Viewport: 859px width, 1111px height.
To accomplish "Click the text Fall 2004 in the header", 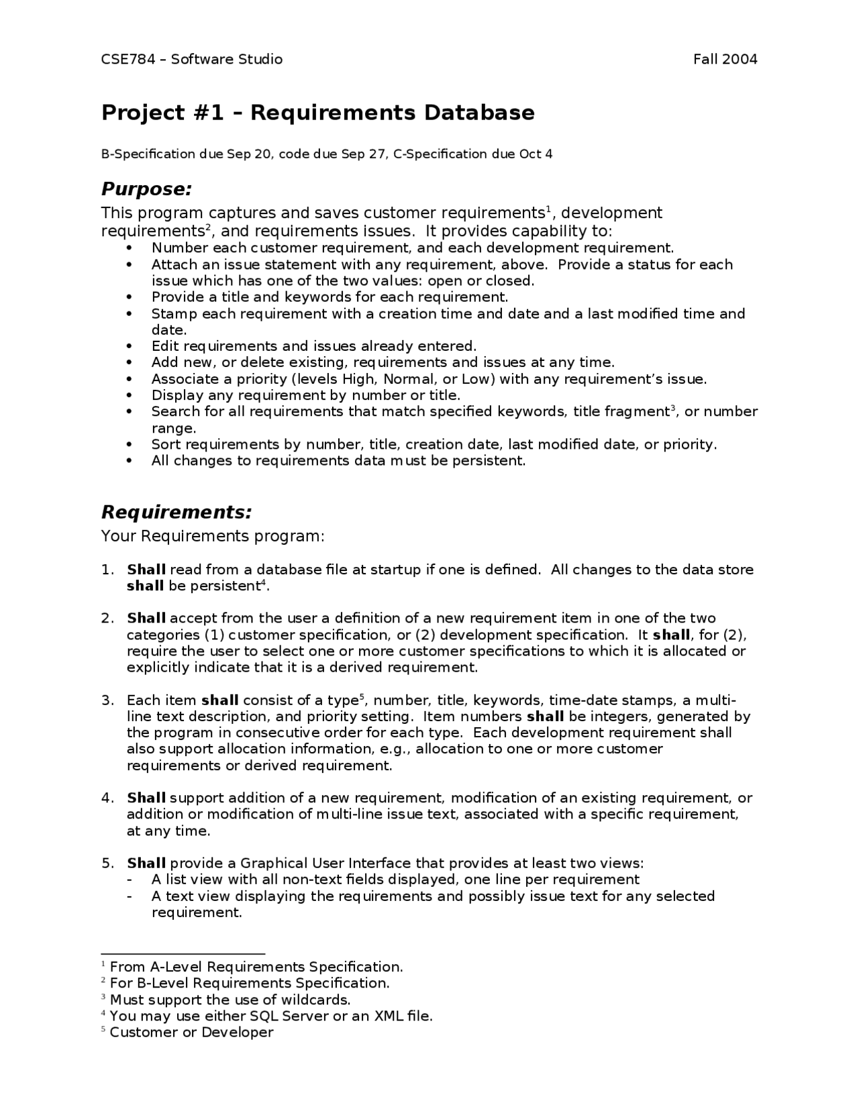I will [725, 59].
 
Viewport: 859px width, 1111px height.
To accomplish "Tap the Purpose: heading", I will [146, 189].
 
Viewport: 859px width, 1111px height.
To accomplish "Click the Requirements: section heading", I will [176, 513].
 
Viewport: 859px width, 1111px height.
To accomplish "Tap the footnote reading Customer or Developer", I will [191, 1032].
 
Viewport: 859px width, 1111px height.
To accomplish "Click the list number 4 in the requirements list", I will [107, 798].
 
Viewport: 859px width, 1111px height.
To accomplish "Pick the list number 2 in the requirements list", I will [107, 618].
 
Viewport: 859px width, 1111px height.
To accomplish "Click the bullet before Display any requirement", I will [130, 396].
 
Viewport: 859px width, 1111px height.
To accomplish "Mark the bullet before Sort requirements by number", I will [130, 445].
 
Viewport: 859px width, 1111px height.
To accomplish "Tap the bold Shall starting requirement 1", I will [146, 570].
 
